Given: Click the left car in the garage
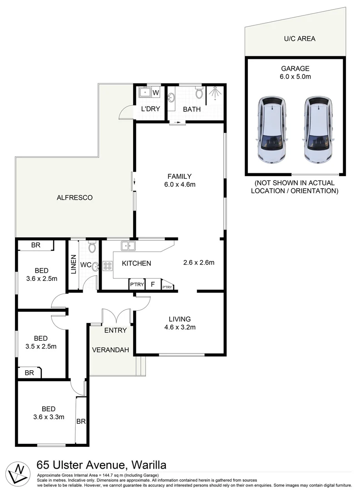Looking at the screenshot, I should click(x=271, y=130).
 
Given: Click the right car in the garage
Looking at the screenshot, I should click(x=317, y=130).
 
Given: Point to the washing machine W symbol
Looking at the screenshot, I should click(x=155, y=93).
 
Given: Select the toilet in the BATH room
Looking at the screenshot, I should click(x=199, y=93).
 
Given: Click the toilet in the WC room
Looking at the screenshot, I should click(x=92, y=247).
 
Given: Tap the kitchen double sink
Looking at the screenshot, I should click(x=128, y=246).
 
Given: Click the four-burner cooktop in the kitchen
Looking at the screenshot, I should click(x=108, y=266).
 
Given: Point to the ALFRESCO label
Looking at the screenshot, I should click(x=75, y=197).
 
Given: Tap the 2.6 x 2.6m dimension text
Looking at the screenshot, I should click(x=198, y=262).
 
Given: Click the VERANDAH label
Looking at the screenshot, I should click(x=111, y=350).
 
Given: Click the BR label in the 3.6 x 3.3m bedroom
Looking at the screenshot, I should click(x=81, y=421).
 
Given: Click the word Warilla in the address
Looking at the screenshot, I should click(x=148, y=465).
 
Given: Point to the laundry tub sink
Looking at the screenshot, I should click(x=145, y=93).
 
